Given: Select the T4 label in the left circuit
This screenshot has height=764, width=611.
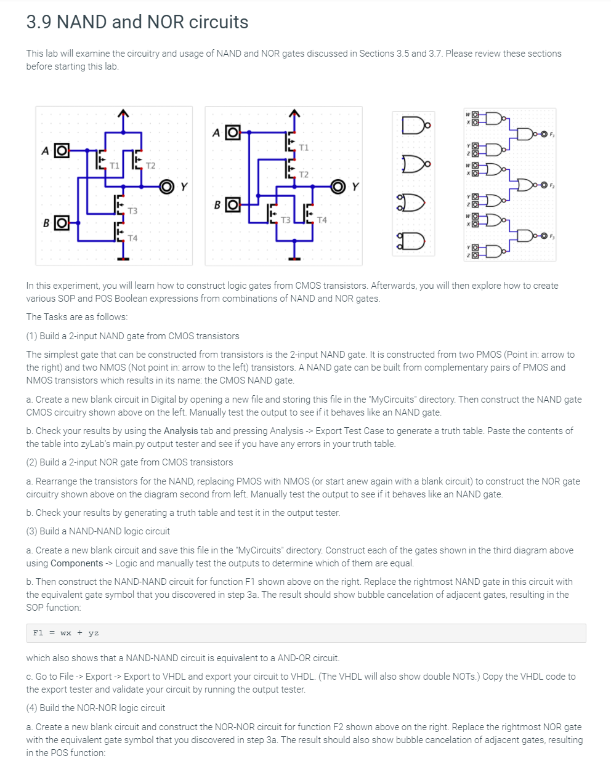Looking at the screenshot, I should coord(132,238).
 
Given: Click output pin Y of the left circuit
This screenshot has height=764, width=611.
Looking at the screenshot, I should coord(166,187).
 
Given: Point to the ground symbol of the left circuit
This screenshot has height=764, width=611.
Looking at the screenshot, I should coord(124,259).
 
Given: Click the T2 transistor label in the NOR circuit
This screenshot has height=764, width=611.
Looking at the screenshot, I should coord(304,175).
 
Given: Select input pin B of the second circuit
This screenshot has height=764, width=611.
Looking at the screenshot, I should coord(233,204).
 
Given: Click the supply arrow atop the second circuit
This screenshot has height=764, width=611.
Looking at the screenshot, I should coord(294,113).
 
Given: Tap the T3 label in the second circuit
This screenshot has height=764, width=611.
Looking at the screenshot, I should coord(285,220).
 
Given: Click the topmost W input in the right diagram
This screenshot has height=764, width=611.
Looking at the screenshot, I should coord(469,114).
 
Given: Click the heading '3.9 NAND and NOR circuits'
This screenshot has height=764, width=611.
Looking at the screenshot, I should coord(137,22).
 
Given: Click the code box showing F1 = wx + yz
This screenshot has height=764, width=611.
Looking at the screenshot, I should coord(305,633).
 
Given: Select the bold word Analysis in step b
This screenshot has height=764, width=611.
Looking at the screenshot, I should coord(180,431).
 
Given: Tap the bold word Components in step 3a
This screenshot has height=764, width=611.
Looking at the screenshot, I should coord(76,563).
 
